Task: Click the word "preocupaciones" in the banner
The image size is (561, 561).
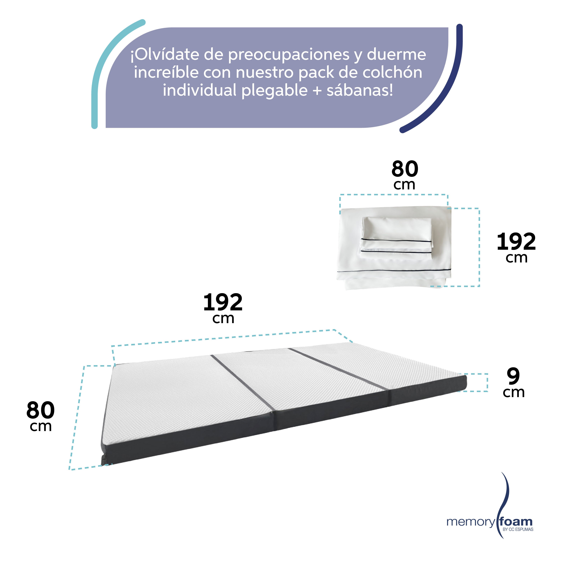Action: coord(289,55)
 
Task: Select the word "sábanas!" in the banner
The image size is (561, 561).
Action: coord(360,91)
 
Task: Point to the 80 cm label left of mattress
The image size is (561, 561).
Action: coord(40,416)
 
